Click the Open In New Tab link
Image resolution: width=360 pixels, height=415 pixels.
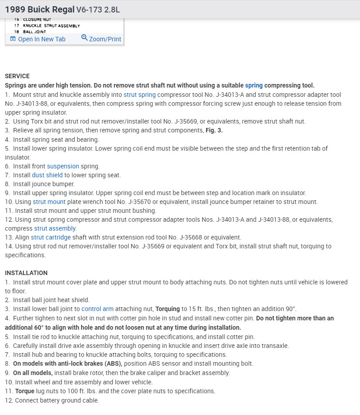[41, 39]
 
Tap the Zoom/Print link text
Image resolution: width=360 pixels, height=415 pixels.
[105, 39]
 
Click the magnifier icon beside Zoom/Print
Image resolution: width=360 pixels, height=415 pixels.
[84, 38]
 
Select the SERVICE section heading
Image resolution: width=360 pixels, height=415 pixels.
[17, 76]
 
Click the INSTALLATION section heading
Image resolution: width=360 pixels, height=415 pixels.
[26, 273]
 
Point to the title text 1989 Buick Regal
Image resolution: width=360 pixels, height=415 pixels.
[39, 9]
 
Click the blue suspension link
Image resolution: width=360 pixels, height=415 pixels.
[63, 166]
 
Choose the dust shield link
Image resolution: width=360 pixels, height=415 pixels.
[47, 175]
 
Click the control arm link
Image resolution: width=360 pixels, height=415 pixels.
[98, 309]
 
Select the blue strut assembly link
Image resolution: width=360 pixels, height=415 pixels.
[55, 228]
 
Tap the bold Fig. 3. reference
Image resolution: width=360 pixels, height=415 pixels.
[213, 130]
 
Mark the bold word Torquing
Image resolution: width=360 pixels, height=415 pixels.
[168, 309]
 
